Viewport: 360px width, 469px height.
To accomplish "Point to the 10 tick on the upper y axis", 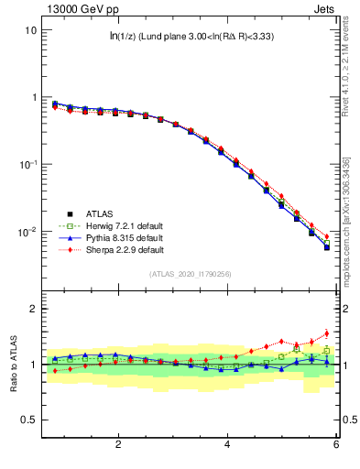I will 30,29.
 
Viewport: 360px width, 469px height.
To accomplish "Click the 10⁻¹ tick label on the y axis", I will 27,165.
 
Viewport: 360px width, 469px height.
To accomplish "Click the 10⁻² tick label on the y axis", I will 27,232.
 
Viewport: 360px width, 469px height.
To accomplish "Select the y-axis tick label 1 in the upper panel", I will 33,97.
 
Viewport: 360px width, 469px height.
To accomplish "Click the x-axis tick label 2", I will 118,445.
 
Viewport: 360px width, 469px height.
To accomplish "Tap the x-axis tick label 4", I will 227,445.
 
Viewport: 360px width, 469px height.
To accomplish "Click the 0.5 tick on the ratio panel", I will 28,420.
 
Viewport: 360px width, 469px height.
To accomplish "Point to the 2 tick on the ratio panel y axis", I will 33,309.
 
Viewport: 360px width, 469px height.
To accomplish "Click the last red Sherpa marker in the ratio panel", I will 326,333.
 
